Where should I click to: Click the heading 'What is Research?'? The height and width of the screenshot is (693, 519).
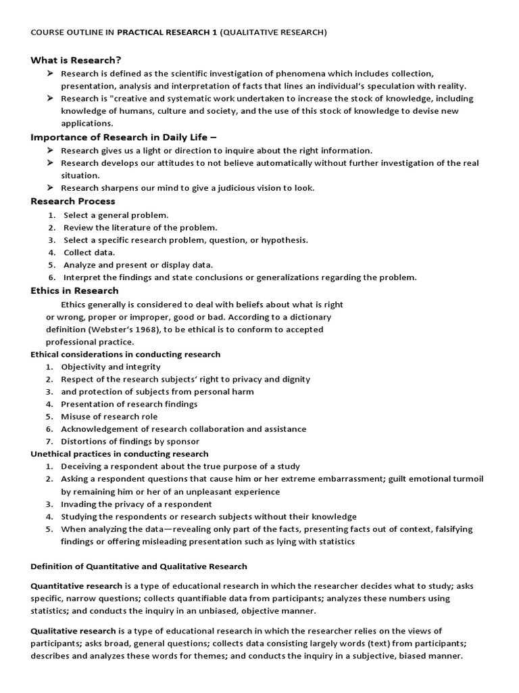76,60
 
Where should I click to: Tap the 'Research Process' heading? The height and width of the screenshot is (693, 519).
73,201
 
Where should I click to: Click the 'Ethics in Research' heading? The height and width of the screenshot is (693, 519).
74,290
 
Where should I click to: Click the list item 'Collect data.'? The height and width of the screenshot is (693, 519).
89,252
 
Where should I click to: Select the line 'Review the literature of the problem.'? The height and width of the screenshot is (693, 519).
141,227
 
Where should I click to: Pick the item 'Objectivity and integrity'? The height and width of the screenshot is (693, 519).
111,367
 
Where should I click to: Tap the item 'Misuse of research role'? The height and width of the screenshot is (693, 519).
109,416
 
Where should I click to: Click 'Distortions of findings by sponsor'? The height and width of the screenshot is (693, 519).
128,441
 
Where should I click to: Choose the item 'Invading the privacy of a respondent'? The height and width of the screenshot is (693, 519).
137,504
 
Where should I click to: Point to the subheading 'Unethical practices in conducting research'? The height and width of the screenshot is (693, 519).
120,454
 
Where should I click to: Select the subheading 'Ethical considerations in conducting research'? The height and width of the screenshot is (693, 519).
126,354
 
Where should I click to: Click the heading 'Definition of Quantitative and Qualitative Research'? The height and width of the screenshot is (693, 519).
139,566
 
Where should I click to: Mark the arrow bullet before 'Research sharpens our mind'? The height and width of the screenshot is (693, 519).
50,188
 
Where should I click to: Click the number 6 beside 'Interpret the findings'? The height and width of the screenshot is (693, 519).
51,277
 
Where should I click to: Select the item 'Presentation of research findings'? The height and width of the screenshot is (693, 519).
129,404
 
